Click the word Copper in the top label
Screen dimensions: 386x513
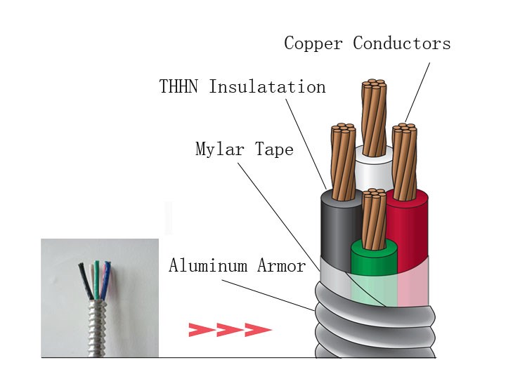(315, 44)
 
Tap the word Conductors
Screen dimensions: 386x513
(401, 44)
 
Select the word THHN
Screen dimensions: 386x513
(181, 87)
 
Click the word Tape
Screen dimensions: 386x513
(275, 149)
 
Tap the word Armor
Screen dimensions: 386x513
(280, 266)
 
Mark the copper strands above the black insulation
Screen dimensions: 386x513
(343, 161)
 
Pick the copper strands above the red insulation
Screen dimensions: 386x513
(405, 158)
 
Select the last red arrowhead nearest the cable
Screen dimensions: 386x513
(257, 329)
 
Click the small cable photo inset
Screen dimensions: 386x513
(99, 298)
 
